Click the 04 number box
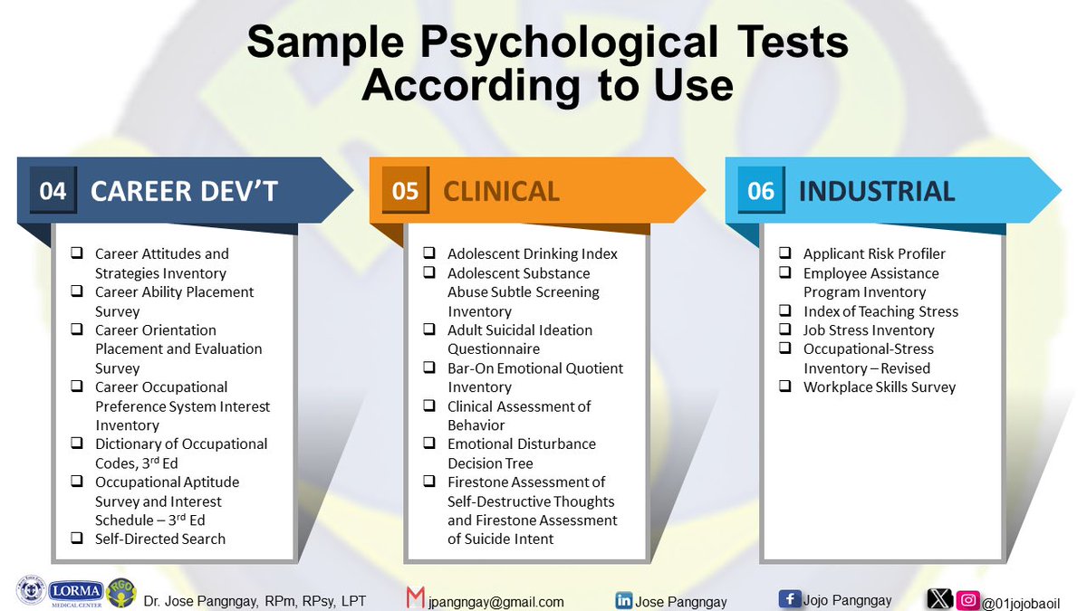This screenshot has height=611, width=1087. tap(53, 191)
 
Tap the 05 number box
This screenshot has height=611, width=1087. tap(405, 191)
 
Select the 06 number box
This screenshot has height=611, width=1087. tap(760, 191)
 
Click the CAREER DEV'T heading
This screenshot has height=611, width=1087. tap(184, 191)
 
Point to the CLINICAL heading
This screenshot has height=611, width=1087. tap(501, 191)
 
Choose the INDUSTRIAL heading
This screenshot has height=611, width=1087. tap(876, 191)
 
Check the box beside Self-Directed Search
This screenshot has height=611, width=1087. tap(78, 539)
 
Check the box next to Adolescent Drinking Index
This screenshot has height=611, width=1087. tap(429, 253)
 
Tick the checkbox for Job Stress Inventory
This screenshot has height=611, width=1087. tap(785, 329)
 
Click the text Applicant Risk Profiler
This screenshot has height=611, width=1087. tap(874, 253)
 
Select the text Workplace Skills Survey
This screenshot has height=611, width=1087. tap(879, 387)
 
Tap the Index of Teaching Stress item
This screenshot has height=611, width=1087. tap(880, 310)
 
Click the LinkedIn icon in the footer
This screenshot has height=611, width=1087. tap(623, 599)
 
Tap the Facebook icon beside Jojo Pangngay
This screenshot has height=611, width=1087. tap(788, 598)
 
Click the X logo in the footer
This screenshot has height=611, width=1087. tap(940, 599)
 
